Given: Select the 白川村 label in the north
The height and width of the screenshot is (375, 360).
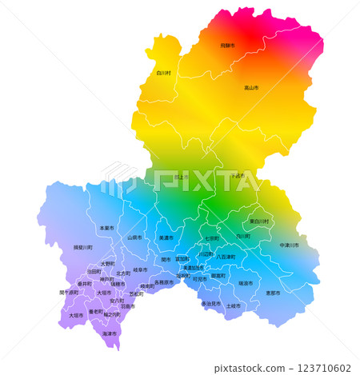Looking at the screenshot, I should pos(164,73).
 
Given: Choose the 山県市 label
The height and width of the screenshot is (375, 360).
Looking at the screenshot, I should pos(134,237).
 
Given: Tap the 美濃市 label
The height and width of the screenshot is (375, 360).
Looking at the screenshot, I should pos(166,237).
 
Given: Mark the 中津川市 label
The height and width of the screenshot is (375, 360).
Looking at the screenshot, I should pos(289,245).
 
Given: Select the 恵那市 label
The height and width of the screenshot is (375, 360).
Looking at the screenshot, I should pos(273,293).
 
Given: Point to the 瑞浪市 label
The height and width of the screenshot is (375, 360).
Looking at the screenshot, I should pos(245,283).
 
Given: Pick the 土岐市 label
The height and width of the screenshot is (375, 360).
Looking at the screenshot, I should pos(233,305).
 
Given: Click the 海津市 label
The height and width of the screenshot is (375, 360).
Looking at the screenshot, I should pos(110,333).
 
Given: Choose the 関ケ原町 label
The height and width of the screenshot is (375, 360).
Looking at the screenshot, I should pos(69,293).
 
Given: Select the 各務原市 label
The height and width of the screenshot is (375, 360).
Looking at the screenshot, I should pos(163,282).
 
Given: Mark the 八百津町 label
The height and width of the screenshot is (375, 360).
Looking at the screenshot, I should pos(226,257).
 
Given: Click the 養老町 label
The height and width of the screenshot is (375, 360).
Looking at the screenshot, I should pos(95,311).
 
